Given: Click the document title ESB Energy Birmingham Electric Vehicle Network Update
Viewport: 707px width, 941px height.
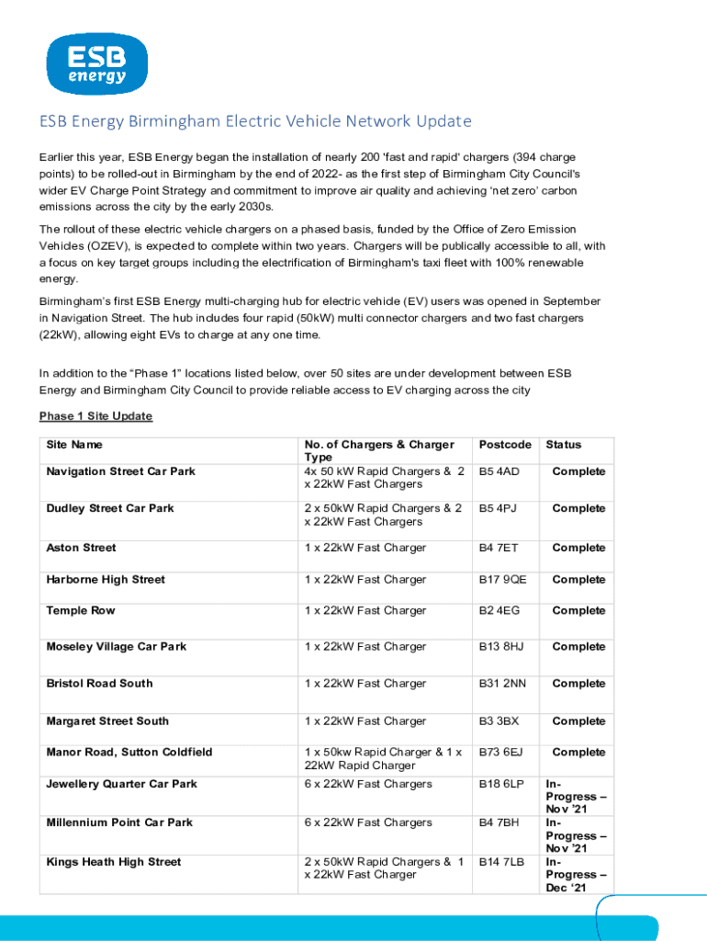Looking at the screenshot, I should point(254,121).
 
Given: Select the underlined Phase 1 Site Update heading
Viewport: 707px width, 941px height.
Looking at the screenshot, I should point(95,416).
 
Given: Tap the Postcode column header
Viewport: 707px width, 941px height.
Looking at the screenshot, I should point(505,445).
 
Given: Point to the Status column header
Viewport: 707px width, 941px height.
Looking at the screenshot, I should point(564,445).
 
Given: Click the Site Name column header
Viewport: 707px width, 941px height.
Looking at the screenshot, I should point(74,445).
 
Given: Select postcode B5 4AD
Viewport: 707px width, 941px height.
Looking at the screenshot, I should point(499,471).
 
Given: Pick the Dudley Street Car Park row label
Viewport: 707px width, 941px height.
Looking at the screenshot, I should point(109,508).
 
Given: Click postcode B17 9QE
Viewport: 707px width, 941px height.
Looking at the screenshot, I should point(502,580).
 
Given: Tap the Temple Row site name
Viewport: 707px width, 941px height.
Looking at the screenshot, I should point(81,610).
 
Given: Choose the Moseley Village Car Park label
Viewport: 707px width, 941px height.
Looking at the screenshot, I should point(116,647).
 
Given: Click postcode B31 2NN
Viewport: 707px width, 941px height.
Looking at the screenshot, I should point(502,684).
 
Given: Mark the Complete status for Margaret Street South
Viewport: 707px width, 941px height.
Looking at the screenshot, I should point(578,721).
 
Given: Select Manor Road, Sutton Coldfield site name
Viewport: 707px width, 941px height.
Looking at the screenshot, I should point(129,752).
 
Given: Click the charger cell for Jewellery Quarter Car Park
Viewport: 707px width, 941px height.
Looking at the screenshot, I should point(367,784).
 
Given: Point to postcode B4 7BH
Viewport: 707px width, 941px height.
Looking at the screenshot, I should point(499,822).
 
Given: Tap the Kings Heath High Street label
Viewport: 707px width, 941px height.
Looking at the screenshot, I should point(114,862).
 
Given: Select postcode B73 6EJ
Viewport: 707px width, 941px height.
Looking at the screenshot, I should point(500,752).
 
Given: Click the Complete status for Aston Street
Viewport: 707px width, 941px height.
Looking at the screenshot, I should point(578,548).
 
